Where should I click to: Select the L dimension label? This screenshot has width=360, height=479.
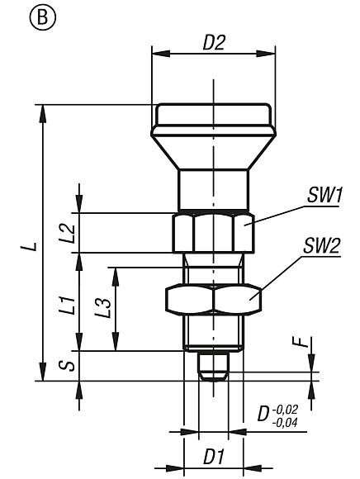click(30, 245)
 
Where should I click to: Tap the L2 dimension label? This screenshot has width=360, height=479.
click(71, 233)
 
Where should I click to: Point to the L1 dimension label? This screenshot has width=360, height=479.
click(71, 307)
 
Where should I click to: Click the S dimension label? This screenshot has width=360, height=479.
click(71, 364)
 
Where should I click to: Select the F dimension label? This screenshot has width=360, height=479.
click(303, 341)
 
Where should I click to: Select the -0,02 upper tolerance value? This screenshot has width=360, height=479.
click(287, 408)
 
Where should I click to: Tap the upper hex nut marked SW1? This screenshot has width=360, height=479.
click(213, 232)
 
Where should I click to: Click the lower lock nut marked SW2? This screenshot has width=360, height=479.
click(213, 299)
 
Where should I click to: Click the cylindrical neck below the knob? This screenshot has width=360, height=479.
click(213, 190)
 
